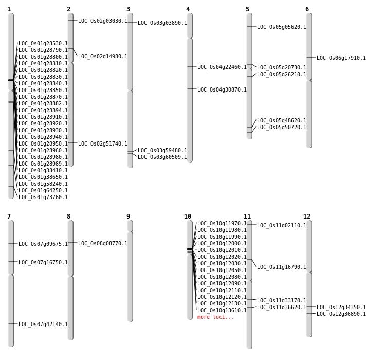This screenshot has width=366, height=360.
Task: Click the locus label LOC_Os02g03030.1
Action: coord(102,21)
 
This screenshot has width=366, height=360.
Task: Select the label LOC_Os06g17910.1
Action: coord(341,58)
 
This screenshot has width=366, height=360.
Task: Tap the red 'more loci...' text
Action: coord(215,317)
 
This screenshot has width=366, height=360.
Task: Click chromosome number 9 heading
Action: coord(128,217)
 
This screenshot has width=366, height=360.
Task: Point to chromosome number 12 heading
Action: coord(307,217)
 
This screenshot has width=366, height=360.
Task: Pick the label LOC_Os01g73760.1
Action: coord(43,197)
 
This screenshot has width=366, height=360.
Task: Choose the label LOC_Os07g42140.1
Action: coord(43,325)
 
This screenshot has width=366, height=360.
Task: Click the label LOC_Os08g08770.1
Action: coord(102,244)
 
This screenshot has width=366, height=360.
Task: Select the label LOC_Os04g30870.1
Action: coord(222,90)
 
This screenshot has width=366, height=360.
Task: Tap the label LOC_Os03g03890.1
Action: coord(162,23)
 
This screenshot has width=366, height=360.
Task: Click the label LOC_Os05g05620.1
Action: coord(281,27)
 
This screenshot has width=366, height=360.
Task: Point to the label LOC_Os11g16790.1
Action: coord(281,267)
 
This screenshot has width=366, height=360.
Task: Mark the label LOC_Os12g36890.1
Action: coord(341,314)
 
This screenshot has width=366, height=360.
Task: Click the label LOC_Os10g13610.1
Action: coord(222,311)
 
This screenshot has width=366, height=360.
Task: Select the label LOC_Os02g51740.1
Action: coord(102,144)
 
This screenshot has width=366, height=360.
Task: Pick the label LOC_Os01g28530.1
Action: coord(43,44)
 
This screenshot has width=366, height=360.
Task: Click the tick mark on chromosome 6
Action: coord(309,57)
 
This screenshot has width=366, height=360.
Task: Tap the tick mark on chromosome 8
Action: coord(70,243)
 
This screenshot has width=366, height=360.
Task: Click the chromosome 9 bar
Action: coord(130,278)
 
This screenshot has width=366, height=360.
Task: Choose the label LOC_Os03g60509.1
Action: coord(162,157)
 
